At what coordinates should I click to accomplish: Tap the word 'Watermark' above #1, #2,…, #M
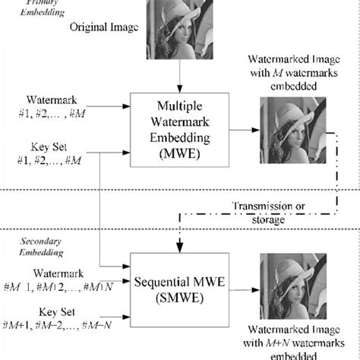coord(52,99)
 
